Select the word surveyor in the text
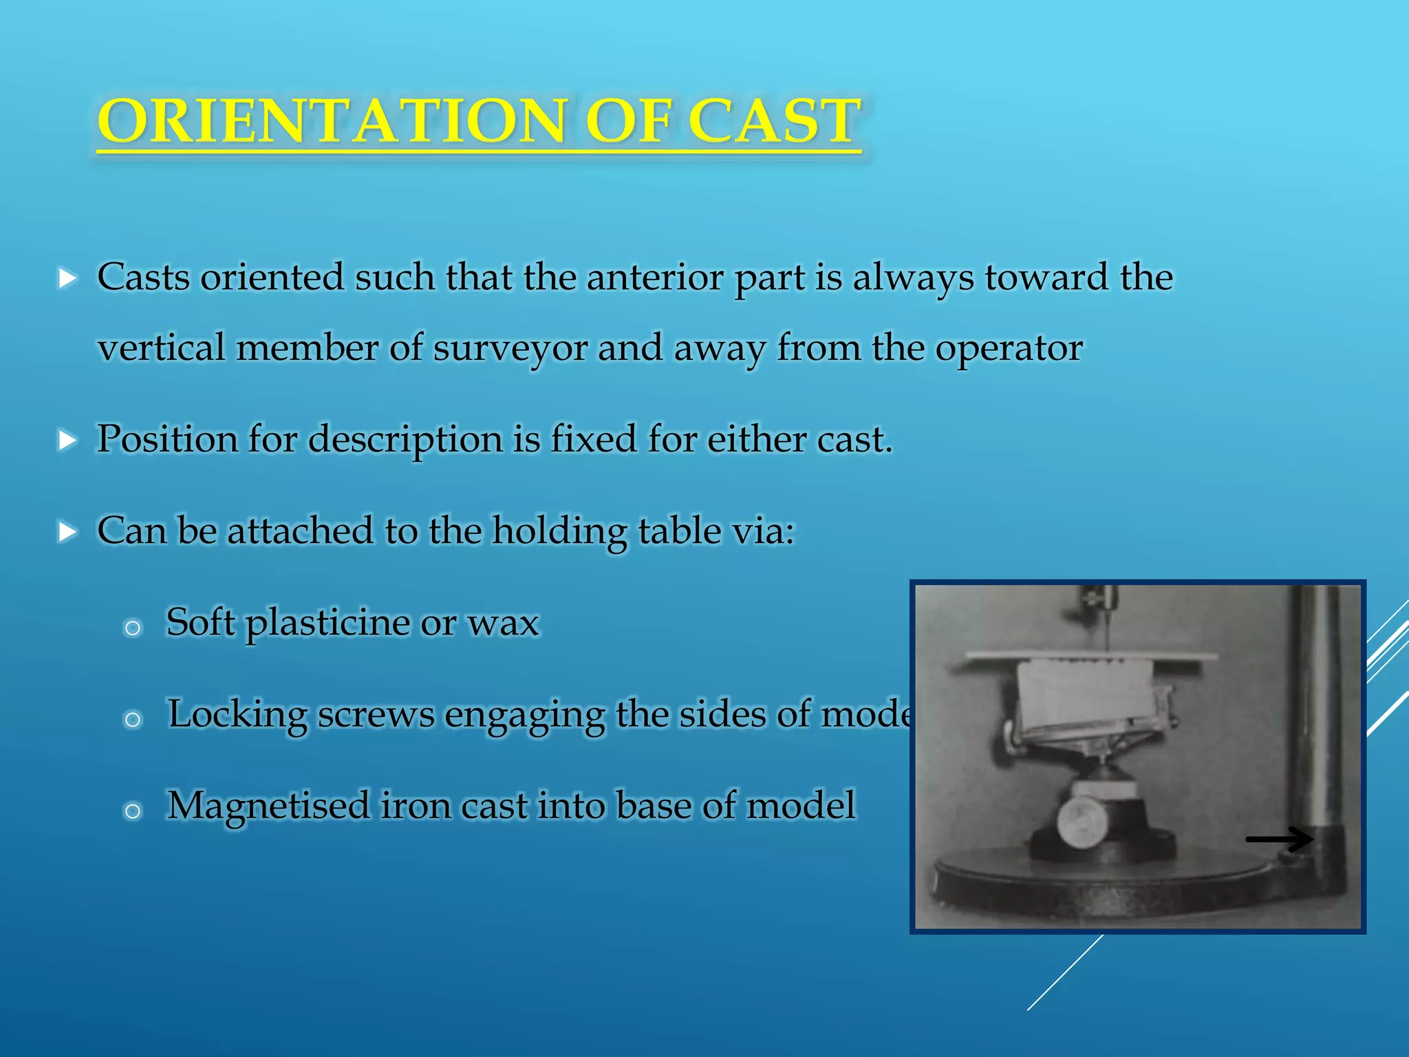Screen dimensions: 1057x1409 (510, 348)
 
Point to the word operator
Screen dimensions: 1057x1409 (1008, 348)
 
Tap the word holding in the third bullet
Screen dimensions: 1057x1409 (559, 531)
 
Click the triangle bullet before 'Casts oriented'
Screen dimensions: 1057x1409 (67, 279)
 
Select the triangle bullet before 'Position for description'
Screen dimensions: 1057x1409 (67, 440)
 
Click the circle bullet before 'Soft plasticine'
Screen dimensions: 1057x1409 (133, 628)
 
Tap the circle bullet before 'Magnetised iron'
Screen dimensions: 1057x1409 (133, 811)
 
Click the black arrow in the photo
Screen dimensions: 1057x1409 (1279, 839)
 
